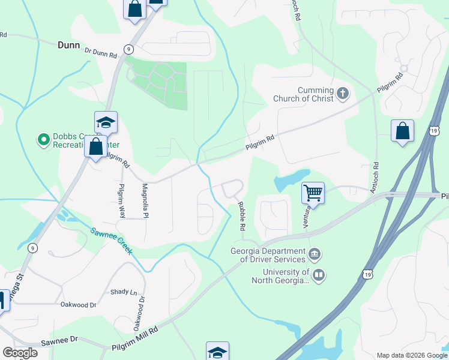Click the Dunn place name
pyautogui.click(x=70, y=44)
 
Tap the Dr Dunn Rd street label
pyautogui.click(x=101, y=53)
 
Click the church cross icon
pyautogui.click(x=343, y=93)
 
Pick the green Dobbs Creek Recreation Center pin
pyautogui.click(x=43, y=140)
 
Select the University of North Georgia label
pyautogui.click(x=280, y=275)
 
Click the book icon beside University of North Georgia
pyautogui.click(x=319, y=275)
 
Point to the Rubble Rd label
pyautogui.click(x=242, y=217)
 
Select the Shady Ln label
pyautogui.click(x=124, y=292)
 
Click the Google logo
pyautogui.click(x=20, y=353)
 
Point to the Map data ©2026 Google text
pyautogui.click(x=411, y=355)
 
